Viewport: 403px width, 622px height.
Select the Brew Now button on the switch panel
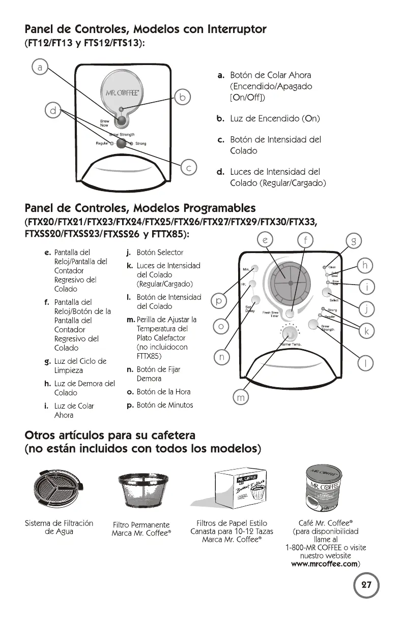pyautogui.click(x=121, y=121)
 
